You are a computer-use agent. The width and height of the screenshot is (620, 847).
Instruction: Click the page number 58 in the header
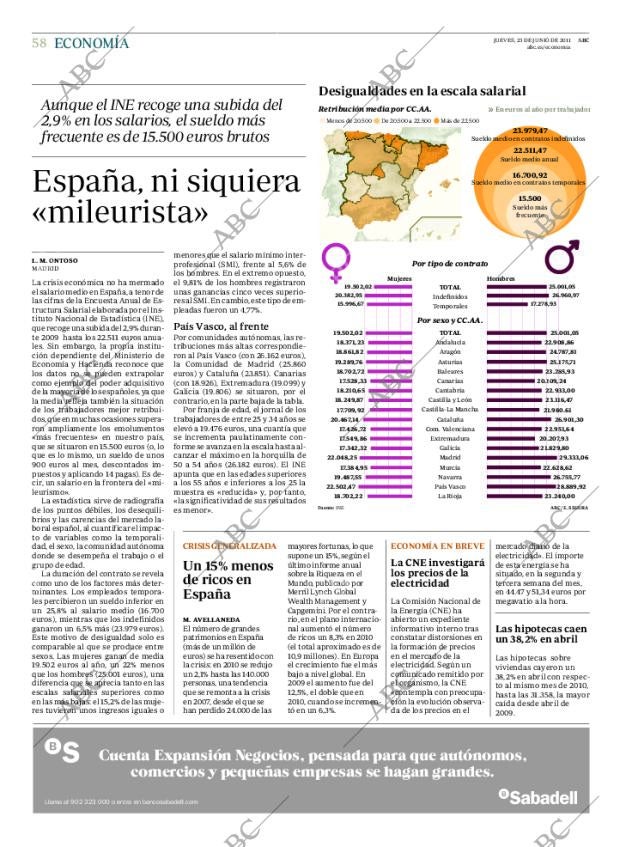tap(39, 42)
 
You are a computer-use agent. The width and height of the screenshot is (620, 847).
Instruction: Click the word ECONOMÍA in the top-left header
tap(91, 42)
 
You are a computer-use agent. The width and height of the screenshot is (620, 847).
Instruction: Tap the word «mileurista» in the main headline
tap(120, 212)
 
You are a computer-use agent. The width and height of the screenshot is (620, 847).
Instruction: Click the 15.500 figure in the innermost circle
tap(530, 199)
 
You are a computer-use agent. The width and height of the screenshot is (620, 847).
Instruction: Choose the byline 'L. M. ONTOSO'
tap(56, 261)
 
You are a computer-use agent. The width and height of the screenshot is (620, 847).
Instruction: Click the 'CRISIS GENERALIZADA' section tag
tap(229, 547)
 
